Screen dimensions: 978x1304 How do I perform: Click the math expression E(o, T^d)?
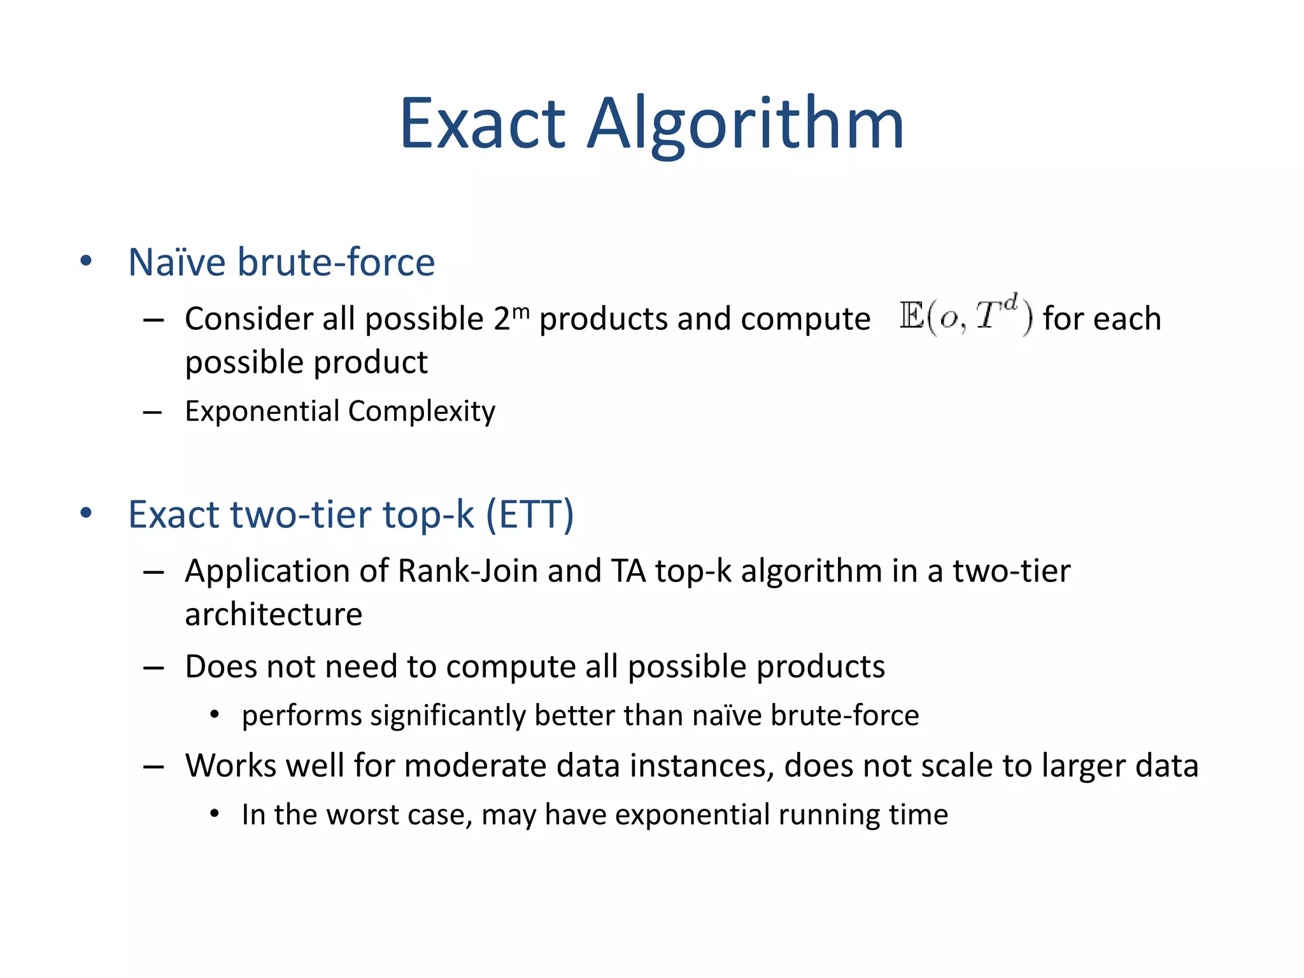coord(966,316)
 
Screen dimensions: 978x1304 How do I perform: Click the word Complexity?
coord(422,412)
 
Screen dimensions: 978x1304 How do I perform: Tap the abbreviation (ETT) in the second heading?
coord(530,514)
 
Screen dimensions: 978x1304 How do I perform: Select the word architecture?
coord(273,614)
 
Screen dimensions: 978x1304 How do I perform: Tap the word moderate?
coord(475,765)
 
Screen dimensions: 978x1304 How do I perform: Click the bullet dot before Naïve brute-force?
coord(87,262)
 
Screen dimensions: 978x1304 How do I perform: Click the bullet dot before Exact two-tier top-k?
coord(87,514)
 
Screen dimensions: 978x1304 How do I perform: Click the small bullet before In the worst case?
coord(215,814)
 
